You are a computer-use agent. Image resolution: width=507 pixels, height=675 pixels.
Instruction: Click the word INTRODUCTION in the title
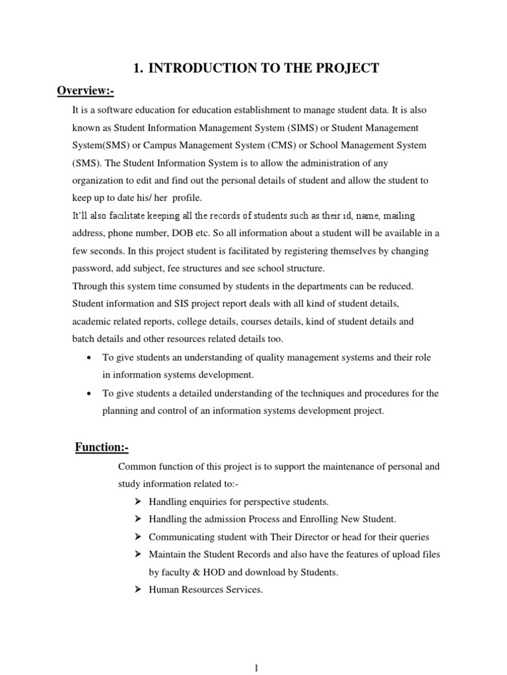click(195, 69)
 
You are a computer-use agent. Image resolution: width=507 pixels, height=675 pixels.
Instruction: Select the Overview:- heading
click(86, 90)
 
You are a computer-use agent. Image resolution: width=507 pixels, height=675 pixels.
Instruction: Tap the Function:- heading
click(101, 448)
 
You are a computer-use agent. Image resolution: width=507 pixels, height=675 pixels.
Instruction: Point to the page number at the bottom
click(256, 667)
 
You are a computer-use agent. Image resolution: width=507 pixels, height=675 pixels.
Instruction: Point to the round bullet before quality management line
click(89, 357)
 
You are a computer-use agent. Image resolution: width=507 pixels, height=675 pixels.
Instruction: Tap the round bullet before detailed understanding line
click(89, 394)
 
